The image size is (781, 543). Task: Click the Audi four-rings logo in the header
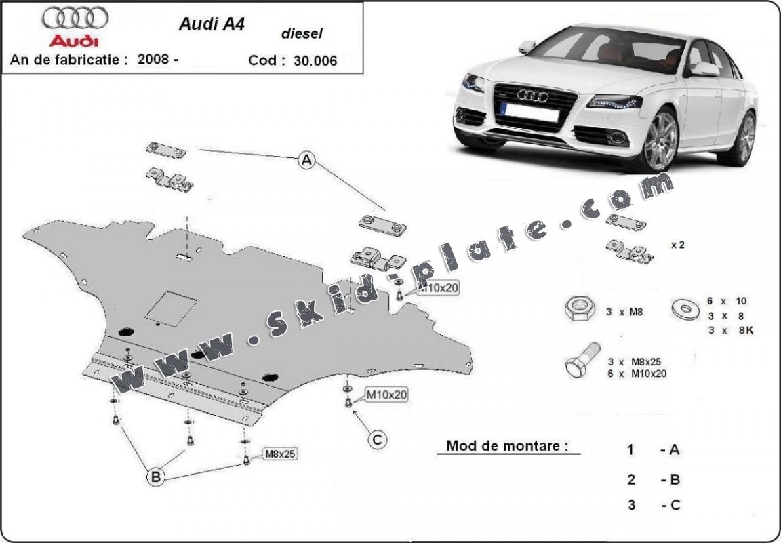tap(75, 18)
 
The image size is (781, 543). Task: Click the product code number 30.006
tap(315, 60)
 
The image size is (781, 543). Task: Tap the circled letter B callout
tap(156, 477)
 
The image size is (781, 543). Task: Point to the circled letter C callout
tap(377, 440)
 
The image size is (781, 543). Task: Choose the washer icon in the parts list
tap(683, 309)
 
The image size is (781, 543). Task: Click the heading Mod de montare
tap(503, 446)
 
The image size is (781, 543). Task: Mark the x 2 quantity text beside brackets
tap(677, 245)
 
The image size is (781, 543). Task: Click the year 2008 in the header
tap(157, 59)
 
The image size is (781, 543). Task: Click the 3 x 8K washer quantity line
tap(731, 330)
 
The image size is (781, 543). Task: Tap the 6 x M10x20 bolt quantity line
tap(637, 373)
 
